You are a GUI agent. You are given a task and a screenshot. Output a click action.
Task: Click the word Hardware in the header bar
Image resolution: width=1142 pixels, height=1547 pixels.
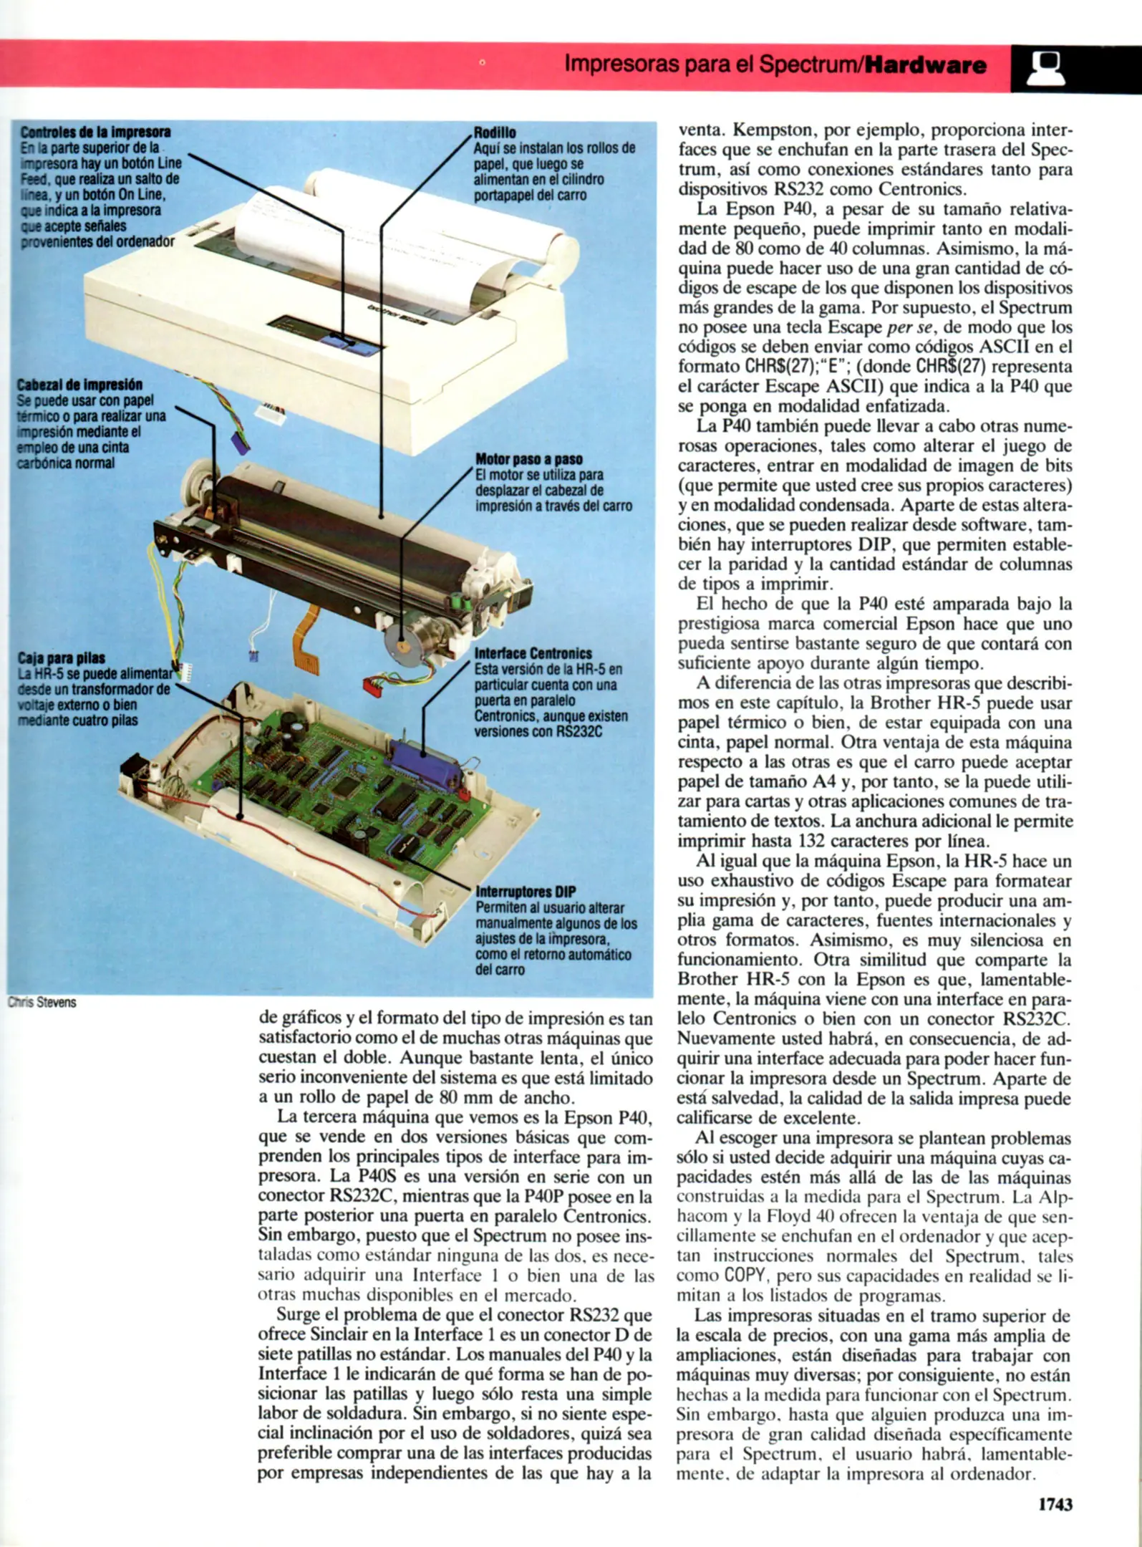pos(925,66)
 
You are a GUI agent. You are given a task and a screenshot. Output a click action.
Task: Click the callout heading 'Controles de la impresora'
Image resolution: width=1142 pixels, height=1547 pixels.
pos(95,132)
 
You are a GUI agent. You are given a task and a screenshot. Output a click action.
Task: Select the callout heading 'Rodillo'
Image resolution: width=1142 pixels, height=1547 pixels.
pos(495,132)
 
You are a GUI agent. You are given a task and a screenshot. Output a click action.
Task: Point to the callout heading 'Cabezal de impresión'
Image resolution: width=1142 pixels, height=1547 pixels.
pos(79,385)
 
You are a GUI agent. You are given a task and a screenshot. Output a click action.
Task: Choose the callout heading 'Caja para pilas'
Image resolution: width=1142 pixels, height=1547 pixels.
pos(62,657)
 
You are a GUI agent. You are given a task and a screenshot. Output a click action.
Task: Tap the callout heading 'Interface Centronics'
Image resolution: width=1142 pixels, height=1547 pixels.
pos(533,653)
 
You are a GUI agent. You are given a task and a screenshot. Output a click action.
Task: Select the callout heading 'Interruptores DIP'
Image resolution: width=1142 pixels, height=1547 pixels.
pos(526,892)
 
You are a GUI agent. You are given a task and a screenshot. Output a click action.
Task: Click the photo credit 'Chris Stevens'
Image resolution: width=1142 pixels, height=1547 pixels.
pos(42,1003)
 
